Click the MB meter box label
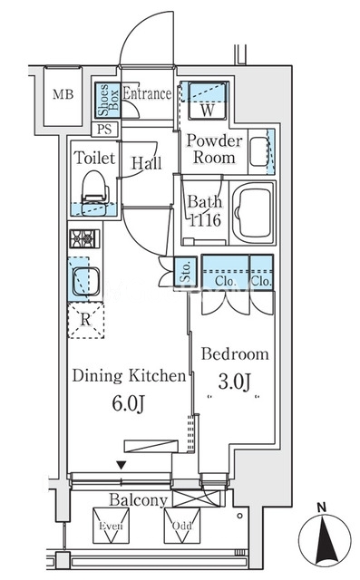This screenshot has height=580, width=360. point(63,94)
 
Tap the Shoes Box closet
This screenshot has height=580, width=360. point(108,100)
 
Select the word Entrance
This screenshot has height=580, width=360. point(147,93)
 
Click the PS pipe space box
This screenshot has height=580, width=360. point(104,130)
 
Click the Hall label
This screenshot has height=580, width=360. point(147,163)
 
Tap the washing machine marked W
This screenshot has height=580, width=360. point(208,101)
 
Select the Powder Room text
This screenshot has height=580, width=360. point(214,149)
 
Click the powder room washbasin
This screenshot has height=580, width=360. point(259,151)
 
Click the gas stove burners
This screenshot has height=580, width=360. point(84,238)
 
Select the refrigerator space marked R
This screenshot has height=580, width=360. point(86,320)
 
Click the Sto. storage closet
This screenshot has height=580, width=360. point(186,271)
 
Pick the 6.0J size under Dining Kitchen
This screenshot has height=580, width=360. point(128,402)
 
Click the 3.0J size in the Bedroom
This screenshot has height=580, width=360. point(235,382)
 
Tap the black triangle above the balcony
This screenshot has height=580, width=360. point(121,465)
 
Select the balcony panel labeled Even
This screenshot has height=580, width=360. point(111,526)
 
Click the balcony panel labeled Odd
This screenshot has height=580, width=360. point(182,526)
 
